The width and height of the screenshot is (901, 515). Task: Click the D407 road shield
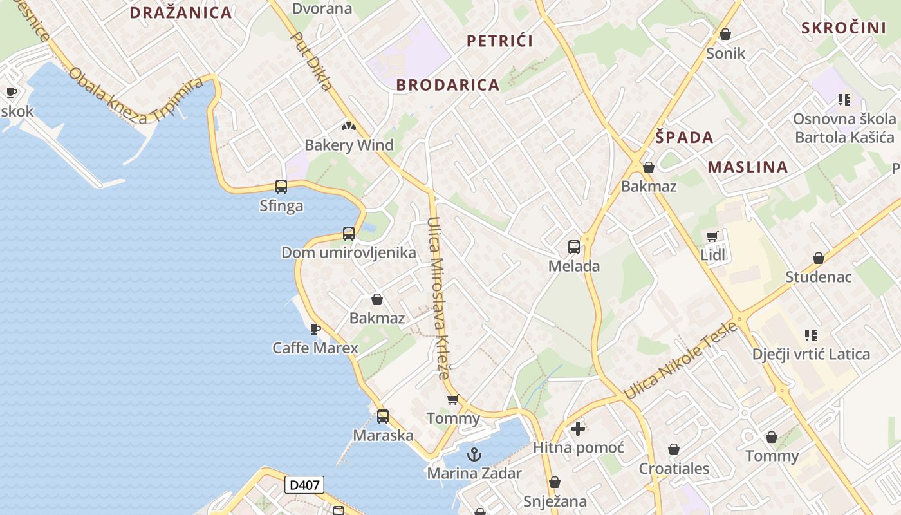(x=304, y=485)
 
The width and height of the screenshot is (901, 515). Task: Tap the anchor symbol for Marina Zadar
(x=474, y=454)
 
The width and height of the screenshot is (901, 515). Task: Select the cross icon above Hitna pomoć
(x=578, y=428)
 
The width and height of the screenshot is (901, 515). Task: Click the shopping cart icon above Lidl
(x=712, y=237)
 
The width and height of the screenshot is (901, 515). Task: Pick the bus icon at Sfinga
(x=281, y=187)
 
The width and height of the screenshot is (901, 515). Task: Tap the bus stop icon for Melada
(x=573, y=247)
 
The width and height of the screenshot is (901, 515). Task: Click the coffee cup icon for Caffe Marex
(x=315, y=330)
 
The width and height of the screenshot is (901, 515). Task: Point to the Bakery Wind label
(x=349, y=145)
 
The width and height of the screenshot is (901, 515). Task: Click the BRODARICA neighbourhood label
(x=448, y=85)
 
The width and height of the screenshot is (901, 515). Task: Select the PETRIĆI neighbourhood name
(x=499, y=41)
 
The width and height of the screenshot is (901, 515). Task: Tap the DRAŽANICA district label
(x=181, y=13)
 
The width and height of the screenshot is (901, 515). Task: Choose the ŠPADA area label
(x=684, y=137)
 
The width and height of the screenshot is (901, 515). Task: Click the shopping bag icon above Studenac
(x=818, y=258)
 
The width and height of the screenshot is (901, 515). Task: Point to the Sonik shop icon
(x=725, y=34)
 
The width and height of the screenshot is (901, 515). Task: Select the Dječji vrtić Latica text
(x=811, y=354)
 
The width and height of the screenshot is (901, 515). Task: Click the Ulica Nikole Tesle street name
(x=680, y=360)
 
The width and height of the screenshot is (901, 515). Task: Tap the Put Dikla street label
(x=312, y=61)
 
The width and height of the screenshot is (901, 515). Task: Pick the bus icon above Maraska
(x=383, y=417)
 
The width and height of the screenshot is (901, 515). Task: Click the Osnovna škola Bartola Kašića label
(x=844, y=128)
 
